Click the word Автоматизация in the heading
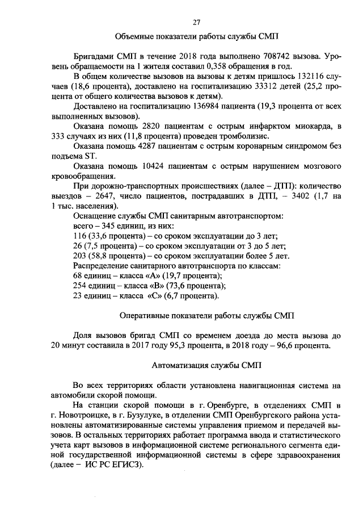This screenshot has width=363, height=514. point(182,365)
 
